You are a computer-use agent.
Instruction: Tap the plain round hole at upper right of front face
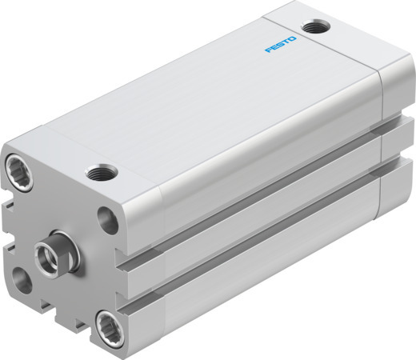(110, 217)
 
